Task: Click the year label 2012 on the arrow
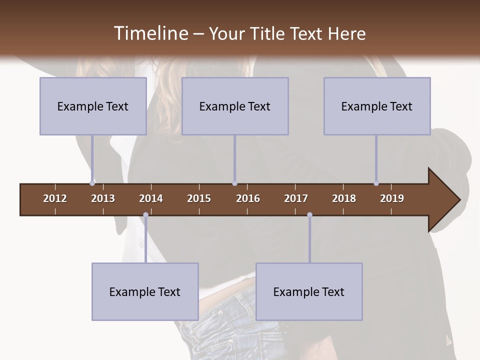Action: [55, 198]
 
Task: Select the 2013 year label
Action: [103, 198]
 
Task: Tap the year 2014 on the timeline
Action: [151, 198]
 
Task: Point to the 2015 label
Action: [199, 198]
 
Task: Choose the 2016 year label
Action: [248, 198]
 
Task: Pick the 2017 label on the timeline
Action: [296, 198]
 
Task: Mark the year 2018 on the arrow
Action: [344, 198]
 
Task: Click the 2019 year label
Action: [392, 198]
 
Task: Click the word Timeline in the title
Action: [150, 33]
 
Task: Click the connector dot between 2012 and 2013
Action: [92, 183]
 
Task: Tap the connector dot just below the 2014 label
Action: [145, 215]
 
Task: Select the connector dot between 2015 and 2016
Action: [234, 183]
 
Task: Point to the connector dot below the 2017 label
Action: [309, 215]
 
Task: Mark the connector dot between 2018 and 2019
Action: [376, 183]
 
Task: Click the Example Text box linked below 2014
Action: [145, 291]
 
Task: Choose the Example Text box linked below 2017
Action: [309, 291]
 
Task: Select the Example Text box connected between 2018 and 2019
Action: [377, 106]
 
